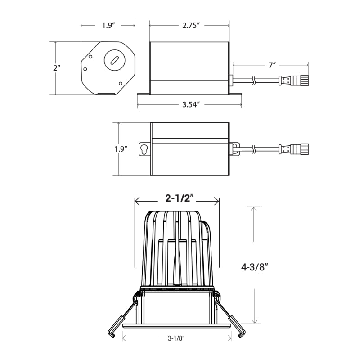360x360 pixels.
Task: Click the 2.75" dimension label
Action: point(190,25)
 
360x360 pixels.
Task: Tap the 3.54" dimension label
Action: point(190,105)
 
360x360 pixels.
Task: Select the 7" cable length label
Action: point(272,65)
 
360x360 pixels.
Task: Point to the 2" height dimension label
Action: point(57,68)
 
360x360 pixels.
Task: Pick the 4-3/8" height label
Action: point(255,267)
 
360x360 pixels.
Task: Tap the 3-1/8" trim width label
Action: point(176,338)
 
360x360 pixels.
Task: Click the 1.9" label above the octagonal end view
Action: point(108,25)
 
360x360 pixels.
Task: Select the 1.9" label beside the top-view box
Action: point(121,149)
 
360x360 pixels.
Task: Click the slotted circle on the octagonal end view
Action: point(115,60)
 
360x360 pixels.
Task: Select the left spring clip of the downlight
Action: point(121,315)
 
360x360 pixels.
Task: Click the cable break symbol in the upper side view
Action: point(253,81)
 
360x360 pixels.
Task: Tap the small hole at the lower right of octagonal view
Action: point(121,83)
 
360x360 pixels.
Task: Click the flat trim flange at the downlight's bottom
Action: point(176,326)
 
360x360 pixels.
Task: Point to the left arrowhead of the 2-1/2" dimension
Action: point(138,201)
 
